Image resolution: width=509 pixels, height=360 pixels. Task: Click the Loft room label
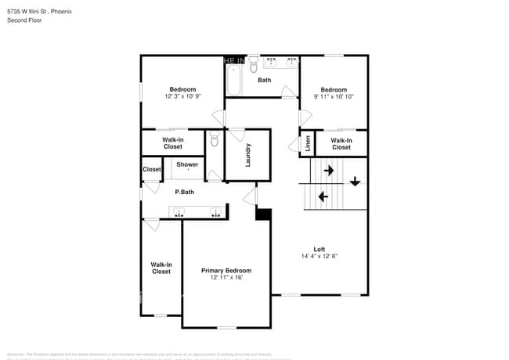pos(319,250)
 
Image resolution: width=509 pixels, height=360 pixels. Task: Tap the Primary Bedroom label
pos(226,271)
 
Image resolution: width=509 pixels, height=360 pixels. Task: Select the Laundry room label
pos(247,154)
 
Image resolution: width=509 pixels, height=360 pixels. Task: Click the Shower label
pos(187,164)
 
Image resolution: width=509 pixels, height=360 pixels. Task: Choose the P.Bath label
pos(184,192)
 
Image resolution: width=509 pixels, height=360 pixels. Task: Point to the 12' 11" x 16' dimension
pos(226,278)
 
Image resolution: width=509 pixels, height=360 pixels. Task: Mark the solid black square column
pos(264,214)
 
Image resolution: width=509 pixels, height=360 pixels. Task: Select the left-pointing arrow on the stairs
pos(324,196)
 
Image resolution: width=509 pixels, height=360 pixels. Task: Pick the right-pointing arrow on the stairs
pos(329,170)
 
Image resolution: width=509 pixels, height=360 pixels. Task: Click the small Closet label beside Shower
pos(152,169)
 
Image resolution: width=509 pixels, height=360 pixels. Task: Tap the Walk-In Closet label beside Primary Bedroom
pos(161,268)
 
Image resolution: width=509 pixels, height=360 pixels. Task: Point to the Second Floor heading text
pos(26,20)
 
